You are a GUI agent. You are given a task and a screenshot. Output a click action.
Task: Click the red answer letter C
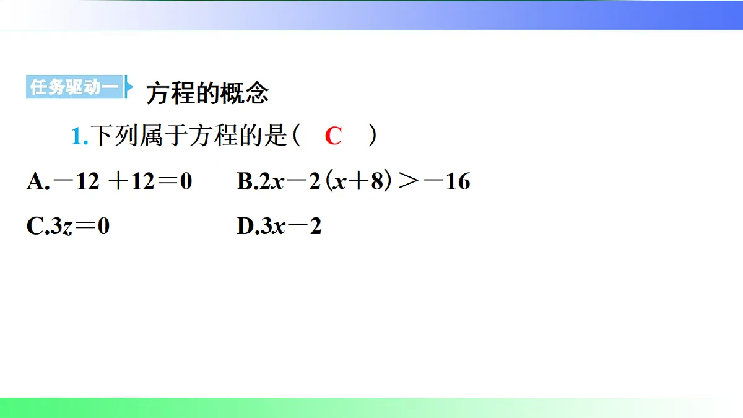[333, 136]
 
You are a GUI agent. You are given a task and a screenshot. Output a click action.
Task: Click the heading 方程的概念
[207, 94]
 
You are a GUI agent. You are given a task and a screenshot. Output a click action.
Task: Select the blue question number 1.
[78, 136]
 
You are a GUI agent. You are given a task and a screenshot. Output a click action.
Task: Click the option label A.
[35, 181]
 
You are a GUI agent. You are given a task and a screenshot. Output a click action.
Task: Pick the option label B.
[245, 181]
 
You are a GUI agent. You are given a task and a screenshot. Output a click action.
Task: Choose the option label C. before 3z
[35, 227]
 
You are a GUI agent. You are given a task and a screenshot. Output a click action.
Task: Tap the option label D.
[246, 227]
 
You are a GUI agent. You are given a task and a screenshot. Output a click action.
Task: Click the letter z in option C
[69, 228]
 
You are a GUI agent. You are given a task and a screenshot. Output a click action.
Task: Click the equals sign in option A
[166, 181]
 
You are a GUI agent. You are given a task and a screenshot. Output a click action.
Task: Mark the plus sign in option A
[118, 181]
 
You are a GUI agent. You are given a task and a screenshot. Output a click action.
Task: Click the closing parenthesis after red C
[372, 136]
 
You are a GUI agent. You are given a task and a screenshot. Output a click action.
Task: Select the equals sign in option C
[86, 227]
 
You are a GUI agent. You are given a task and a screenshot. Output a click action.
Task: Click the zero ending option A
[185, 181]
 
